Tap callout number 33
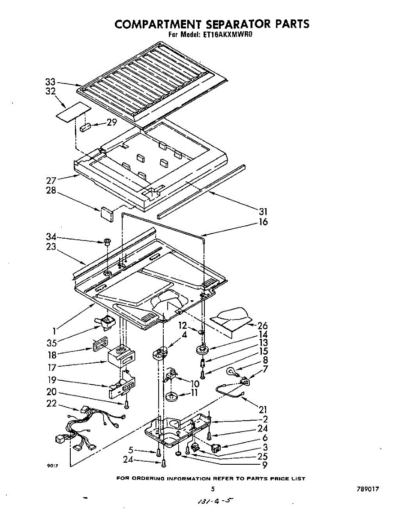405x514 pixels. (x=51, y=82)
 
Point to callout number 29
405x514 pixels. (x=112, y=123)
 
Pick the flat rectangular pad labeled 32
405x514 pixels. (x=74, y=112)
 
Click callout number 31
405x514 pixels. (x=263, y=212)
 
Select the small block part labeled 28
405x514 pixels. (x=107, y=214)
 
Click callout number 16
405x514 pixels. (x=263, y=222)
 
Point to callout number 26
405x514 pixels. (x=263, y=326)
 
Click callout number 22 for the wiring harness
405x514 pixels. (x=51, y=403)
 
